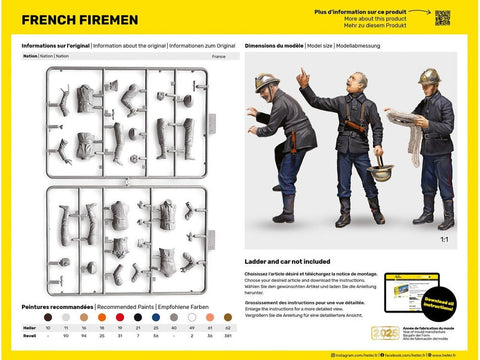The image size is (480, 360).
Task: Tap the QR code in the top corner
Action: (x=442, y=17)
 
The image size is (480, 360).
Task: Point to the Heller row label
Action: (x=30, y=328)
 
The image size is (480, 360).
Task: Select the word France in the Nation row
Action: (x=219, y=56)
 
